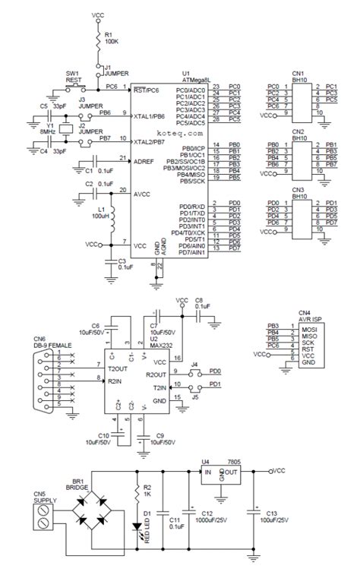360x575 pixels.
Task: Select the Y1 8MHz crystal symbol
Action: click(65, 130)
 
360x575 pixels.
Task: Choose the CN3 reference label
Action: click(298, 190)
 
